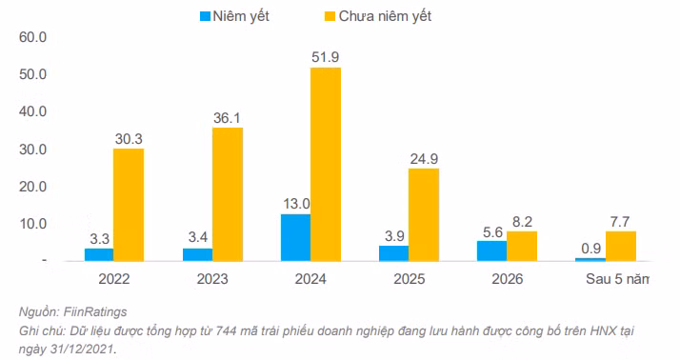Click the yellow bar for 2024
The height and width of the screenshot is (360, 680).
coord(326,164)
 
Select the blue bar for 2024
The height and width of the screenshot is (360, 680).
coord(295,237)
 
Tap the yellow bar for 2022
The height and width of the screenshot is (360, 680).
coord(129,205)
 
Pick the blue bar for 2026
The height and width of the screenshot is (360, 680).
coord(491,250)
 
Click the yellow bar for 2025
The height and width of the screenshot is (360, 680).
coord(424,214)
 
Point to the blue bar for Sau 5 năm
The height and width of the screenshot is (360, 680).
coord(590,258)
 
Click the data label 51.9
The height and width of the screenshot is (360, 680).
coord(326,57)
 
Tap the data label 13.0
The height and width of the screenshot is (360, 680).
coord(295,203)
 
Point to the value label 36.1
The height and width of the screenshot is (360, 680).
coord(228,116)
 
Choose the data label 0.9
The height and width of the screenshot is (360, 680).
coord(590,247)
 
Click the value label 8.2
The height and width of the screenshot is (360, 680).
coord(523,220)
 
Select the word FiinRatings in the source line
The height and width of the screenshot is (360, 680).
coord(94,312)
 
